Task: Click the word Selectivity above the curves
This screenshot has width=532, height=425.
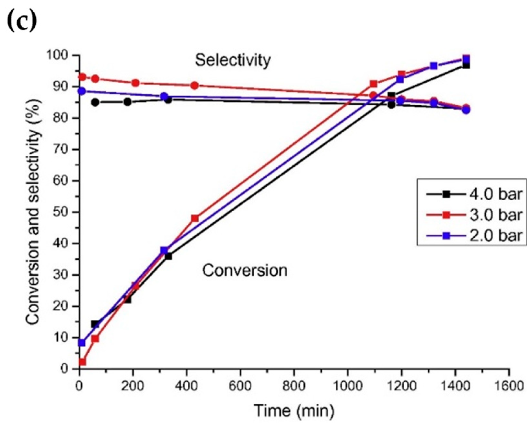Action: pyautogui.click(x=233, y=60)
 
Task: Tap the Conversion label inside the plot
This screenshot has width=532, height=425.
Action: pyautogui.click(x=244, y=270)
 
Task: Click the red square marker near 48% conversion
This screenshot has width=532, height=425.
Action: pyautogui.click(x=195, y=219)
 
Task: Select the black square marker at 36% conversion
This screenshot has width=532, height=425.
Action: pyautogui.click(x=168, y=256)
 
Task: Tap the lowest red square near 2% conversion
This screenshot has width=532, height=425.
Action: pyautogui.click(x=82, y=362)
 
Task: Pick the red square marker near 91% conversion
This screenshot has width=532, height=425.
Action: pyautogui.click(x=374, y=84)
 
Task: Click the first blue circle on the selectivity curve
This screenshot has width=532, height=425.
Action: pyautogui.click(x=82, y=91)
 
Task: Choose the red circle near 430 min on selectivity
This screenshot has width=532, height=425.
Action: pyautogui.click(x=195, y=85)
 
